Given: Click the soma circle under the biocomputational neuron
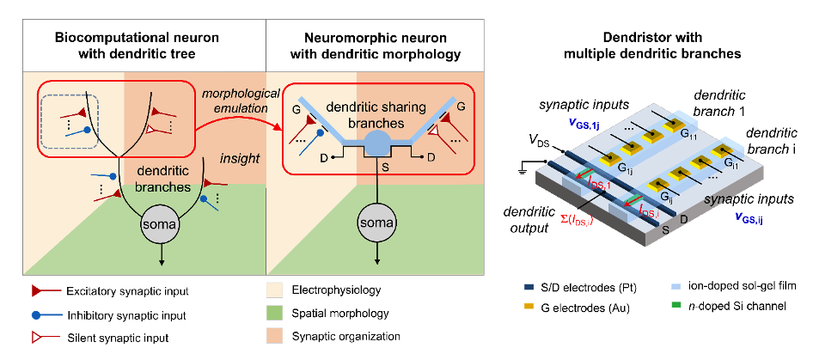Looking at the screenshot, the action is tap(162, 224).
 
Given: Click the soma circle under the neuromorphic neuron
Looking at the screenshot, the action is tap(377, 224).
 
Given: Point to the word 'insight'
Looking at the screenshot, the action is tap(240, 159).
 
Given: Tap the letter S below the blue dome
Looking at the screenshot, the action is tap(386, 168).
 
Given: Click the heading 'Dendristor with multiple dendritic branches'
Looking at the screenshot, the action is tap(653, 46).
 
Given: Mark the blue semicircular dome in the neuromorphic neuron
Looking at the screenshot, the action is tap(377, 144).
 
